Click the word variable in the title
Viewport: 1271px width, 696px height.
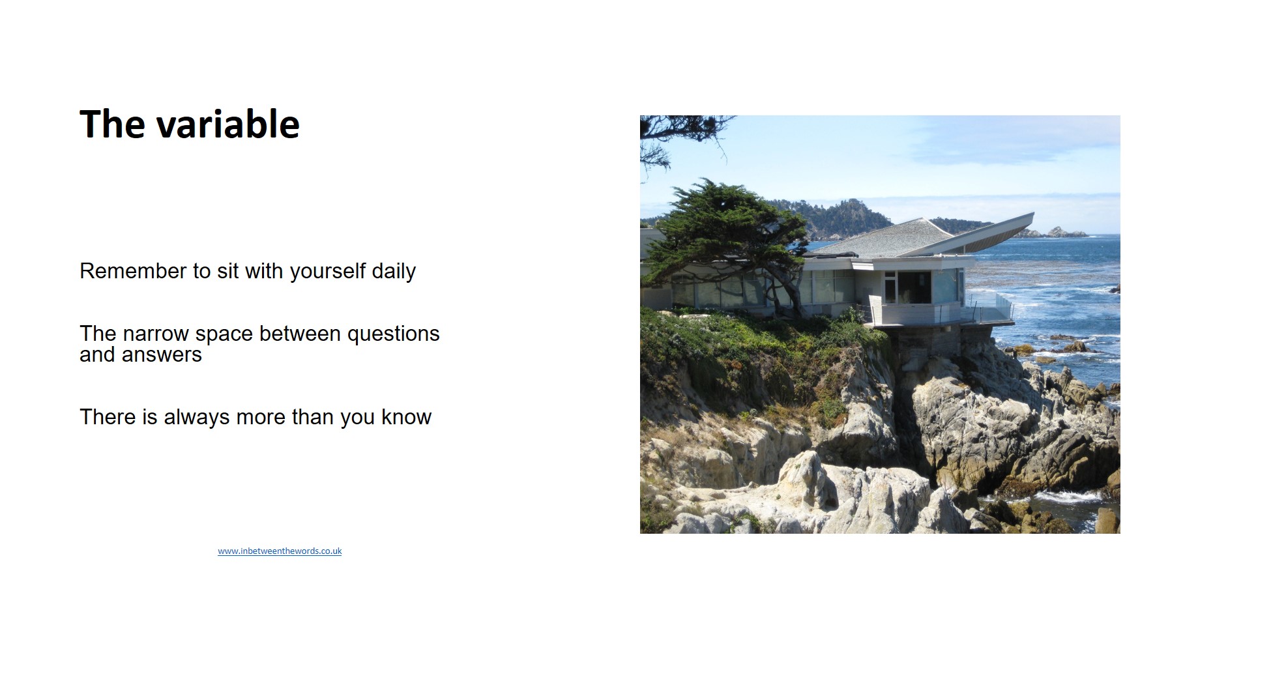click(x=227, y=124)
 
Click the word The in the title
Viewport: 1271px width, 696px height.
click(x=112, y=124)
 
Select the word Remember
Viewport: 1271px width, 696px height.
click(x=133, y=270)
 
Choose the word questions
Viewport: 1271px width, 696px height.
click(x=393, y=334)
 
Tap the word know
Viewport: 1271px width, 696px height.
click(x=406, y=417)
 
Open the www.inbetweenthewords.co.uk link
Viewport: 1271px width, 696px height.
click(x=280, y=551)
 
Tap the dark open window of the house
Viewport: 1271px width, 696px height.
click(x=914, y=287)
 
